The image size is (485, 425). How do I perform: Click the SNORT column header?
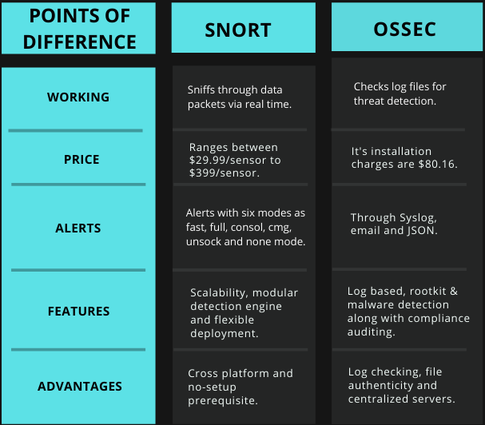point(238,30)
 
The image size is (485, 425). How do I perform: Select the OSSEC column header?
point(404,29)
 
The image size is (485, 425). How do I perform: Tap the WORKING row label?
point(78,97)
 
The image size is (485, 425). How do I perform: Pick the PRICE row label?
point(81,160)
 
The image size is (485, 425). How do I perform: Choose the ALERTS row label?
point(78,228)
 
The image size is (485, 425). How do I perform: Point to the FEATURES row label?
point(78,312)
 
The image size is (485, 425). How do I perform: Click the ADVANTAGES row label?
point(80,387)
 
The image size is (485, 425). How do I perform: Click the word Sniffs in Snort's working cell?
point(201,89)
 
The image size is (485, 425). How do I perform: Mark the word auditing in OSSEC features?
point(371,332)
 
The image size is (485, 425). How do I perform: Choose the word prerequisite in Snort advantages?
point(223,400)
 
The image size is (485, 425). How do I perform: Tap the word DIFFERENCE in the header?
point(79,42)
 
